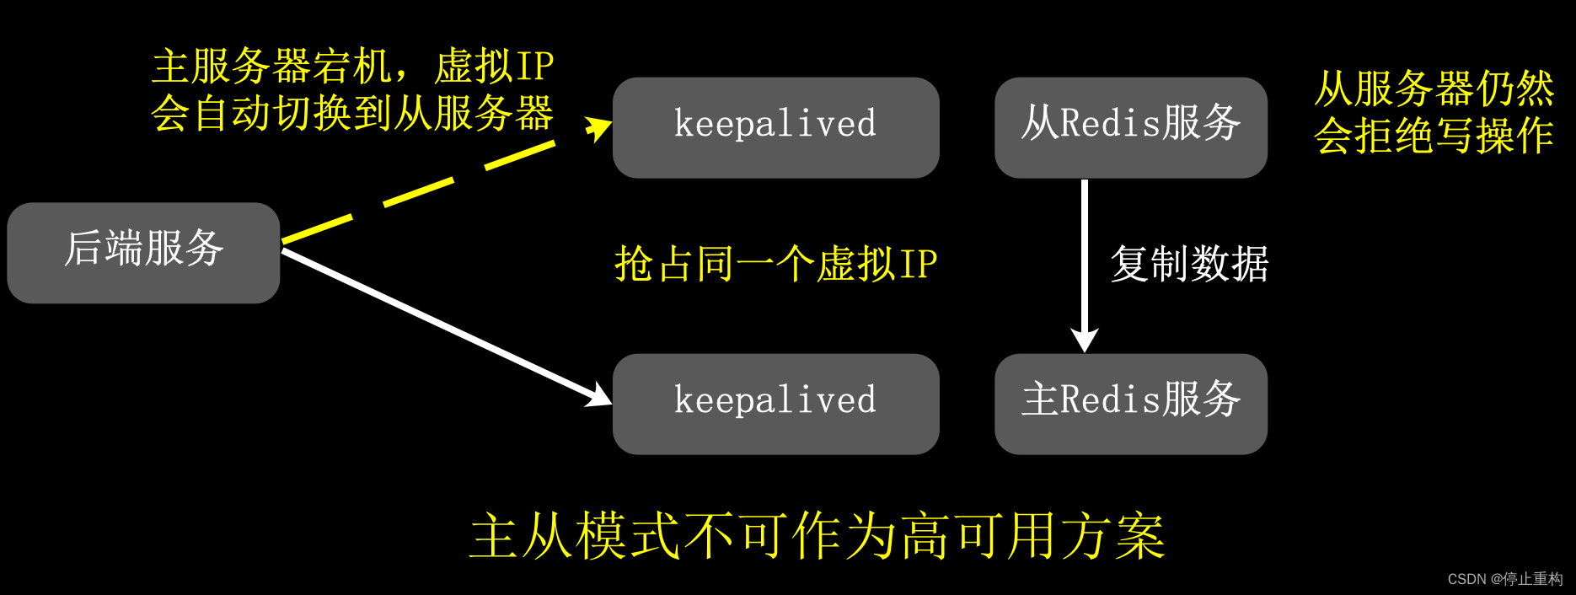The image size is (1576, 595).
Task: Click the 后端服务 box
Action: (x=143, y=252)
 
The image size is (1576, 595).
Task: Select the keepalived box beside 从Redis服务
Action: (x=775, y=127)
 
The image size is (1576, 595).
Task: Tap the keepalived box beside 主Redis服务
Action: (x=775, y=404)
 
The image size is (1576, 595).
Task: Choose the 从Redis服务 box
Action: (x=1130, y=127)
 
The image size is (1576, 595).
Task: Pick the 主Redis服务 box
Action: (x=1130, y=404)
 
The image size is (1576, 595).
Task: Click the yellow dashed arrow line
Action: (x=419, y=191)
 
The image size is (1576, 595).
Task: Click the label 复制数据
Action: (x=1189, y=264)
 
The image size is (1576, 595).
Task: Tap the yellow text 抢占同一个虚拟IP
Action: (x=775, y=264)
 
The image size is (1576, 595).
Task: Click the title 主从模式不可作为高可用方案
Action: (x=817, y=536)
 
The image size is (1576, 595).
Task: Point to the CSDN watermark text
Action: (x=1504, y=579)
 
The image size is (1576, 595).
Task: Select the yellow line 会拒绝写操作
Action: (x=1433, y=136)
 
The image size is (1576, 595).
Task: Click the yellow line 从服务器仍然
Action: (x=1433, y=88)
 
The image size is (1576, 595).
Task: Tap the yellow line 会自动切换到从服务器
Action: (x=352, y=113)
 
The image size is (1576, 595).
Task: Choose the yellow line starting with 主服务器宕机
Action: (x=352, y=66)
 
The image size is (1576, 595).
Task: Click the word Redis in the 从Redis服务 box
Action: (x=1110, y=124)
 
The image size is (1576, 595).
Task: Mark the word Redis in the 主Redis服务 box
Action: (x=1110, y=399)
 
